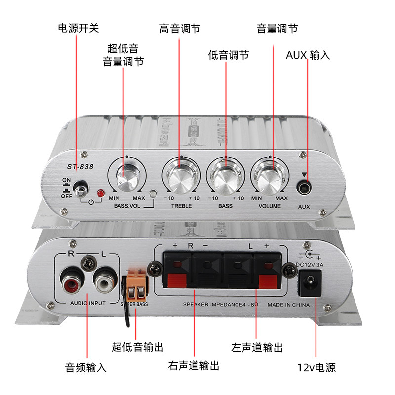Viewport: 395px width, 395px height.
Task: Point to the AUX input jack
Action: tap(304, 188)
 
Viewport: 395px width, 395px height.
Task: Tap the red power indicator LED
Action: tap(100, 192)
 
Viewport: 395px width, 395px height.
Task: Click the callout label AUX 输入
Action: tap(308, 55)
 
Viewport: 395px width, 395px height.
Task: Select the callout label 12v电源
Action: tap(316, 367)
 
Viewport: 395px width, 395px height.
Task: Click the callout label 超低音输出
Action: tap(138, 346)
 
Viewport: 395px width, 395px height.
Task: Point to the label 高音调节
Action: tap(180, 28)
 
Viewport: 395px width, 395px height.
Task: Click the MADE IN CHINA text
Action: tap(289, 305)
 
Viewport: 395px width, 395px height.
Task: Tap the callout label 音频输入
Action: tap(85, 367)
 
